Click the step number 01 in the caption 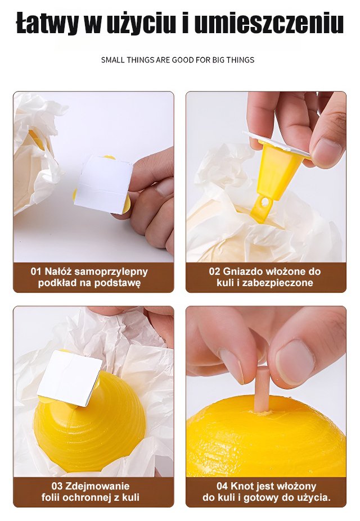[36, 271]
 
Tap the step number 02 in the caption [214, 271]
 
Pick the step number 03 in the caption [57, 486]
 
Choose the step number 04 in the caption [222, 486]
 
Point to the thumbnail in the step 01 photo [165, 188]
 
